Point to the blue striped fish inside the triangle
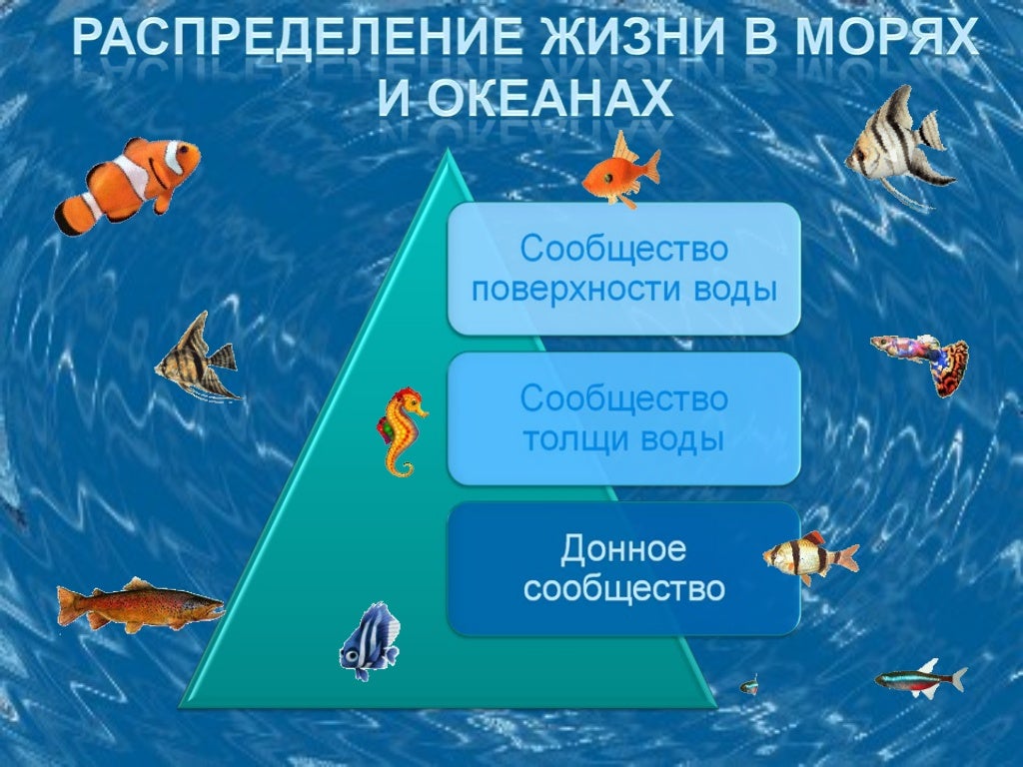click(371, 640)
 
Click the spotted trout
click(140, 604)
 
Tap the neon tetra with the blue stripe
click(919, 679)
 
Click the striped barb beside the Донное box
click(807, 556)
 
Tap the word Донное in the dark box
click(623, 548)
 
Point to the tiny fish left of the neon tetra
click(748, 685)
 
